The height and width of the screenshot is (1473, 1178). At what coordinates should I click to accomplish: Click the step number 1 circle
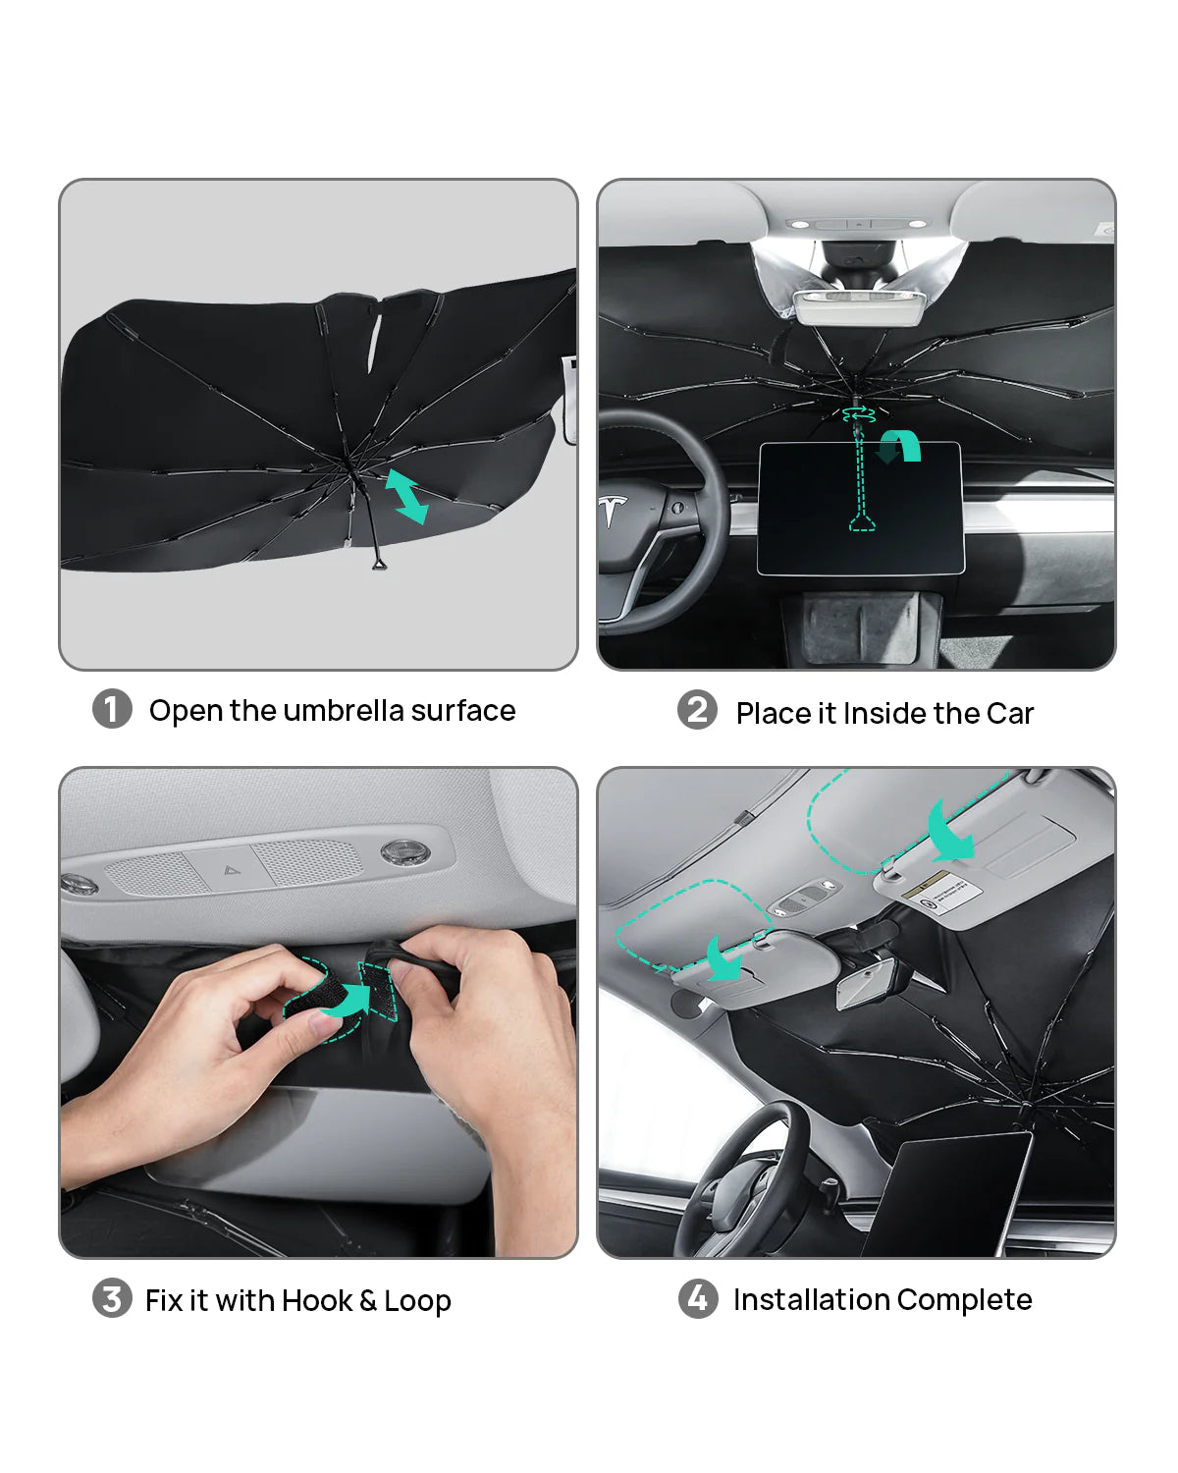(x=112, y=709)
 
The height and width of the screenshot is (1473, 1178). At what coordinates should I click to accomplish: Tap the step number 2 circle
(x=697, y=710)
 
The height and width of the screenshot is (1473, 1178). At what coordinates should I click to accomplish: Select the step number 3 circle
(x=112, y=1298)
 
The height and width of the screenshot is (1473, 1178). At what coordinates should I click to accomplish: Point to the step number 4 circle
(x=698, y=1298)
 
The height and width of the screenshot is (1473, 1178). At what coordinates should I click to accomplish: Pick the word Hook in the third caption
(x=317, y=1300)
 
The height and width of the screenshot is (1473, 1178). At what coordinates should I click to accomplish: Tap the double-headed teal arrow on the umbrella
(x=405, y=496)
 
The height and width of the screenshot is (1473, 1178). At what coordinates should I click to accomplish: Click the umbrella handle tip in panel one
(x=379, y=564)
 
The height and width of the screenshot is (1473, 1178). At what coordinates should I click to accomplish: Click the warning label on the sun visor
(x=941, y=896)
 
